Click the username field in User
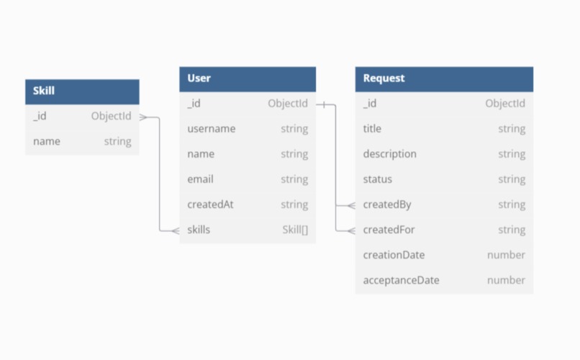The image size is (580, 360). [x=211, y=129]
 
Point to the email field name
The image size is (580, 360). [x=200, y=179]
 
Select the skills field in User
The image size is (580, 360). [x=199, y=230]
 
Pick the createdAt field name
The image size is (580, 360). [x=210, y=204]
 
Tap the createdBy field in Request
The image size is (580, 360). [x=386, y=204]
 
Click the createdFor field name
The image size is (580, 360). [x=389, y=230]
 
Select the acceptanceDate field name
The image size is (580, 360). [x=401, y=280]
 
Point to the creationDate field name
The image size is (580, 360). [x=394, y=255]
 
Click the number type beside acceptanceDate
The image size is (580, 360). [x=506, y=280]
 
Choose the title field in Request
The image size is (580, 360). [x=372, y=129]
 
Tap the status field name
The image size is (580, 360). [x=377, y=179]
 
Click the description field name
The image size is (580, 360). [x=389, y=154]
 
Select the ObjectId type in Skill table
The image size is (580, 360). [x=111, y=116]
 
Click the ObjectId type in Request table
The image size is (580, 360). [x=504, y=104]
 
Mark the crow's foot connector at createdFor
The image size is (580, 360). [x=350, y=230]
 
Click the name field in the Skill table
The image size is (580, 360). [x=46, y=141]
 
